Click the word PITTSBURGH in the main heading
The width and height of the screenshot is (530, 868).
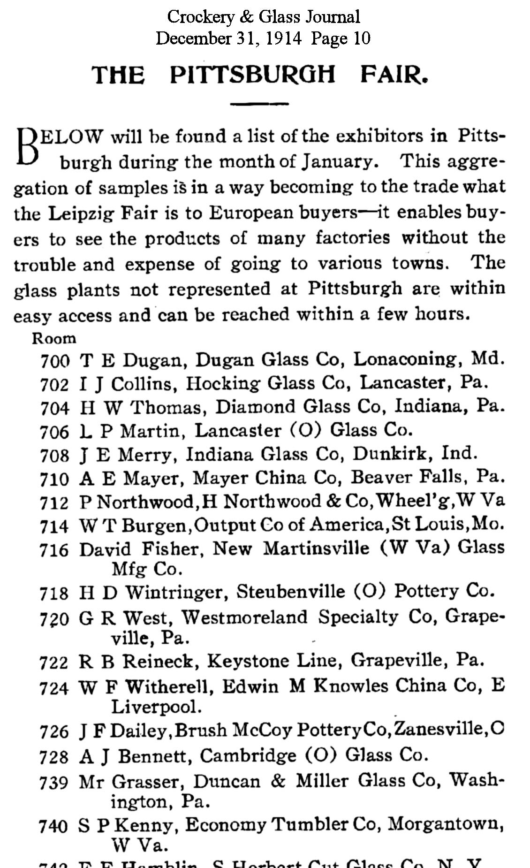(252, 75)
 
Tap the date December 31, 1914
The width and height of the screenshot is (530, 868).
(228, 38)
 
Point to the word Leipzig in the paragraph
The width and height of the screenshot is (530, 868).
(82, 213)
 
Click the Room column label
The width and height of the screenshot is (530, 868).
(54, 338)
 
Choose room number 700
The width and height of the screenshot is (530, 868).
(55, 361)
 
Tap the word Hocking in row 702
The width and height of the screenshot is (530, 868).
(222, 383)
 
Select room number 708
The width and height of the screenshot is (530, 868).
(55, 455)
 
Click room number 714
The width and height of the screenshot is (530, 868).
(55, 526)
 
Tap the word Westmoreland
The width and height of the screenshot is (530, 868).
(244, 617)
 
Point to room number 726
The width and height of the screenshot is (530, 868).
(55, 731)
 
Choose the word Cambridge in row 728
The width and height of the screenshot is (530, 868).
(248, 755)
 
